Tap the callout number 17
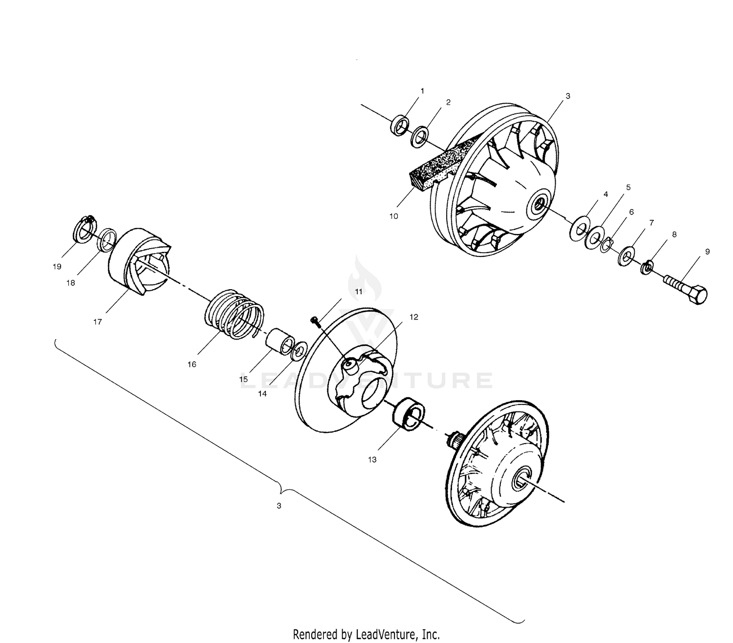[x=98, y=322]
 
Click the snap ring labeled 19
[x=84, y=229]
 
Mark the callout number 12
[x=413, y=317]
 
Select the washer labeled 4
[x=580, y=229]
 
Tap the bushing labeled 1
[x=400, y=125]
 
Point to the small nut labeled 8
[x=646, y=267]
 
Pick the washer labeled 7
[x=626, y=257]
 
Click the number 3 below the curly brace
[x=279, y=506]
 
